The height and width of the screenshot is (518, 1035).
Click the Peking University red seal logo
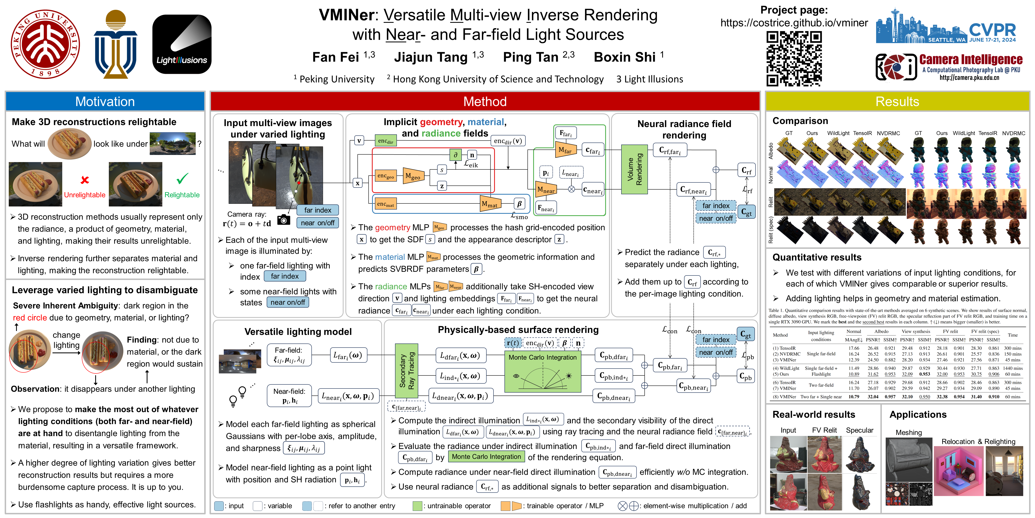tap(45, 44)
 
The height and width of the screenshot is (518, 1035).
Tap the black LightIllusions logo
tap(182, 44)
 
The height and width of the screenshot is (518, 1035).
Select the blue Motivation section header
tap(105, 101)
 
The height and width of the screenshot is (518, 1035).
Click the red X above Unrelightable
tap(85, 180)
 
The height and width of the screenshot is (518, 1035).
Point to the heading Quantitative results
tap(817, 257)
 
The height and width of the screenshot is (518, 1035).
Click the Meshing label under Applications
tap(908, 432)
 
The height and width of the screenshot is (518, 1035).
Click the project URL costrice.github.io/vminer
tap(794, 23)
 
